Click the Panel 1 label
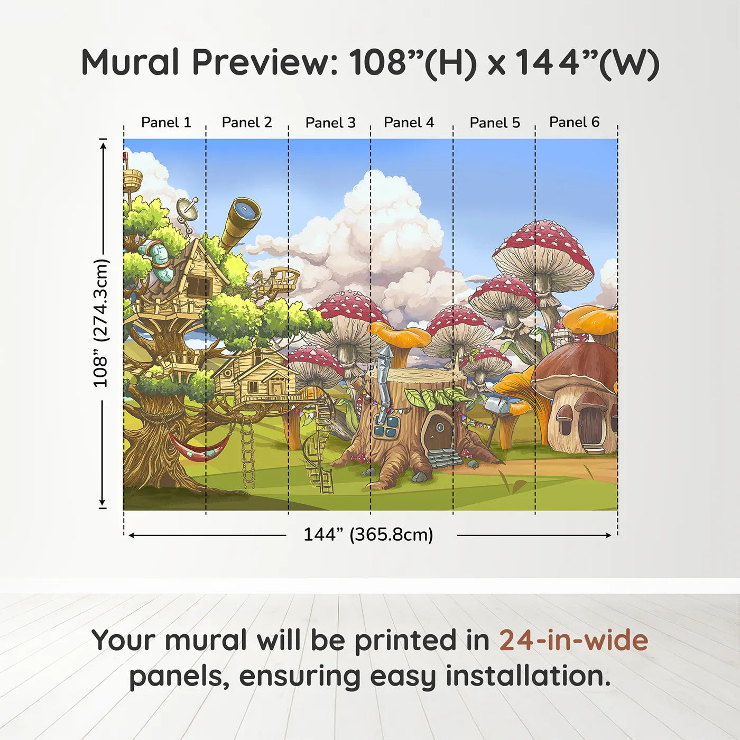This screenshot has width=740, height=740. point(165,123)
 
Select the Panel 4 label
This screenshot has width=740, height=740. point(409,123)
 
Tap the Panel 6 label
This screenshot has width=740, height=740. point(574,122)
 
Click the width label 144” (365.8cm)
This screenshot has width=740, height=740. point(368,535)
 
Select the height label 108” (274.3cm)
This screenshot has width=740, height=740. point(101,323)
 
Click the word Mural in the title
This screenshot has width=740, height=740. point(130,62)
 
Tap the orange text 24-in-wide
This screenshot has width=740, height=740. point(573,641)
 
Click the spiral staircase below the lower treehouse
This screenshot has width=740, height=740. point(319,449)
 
